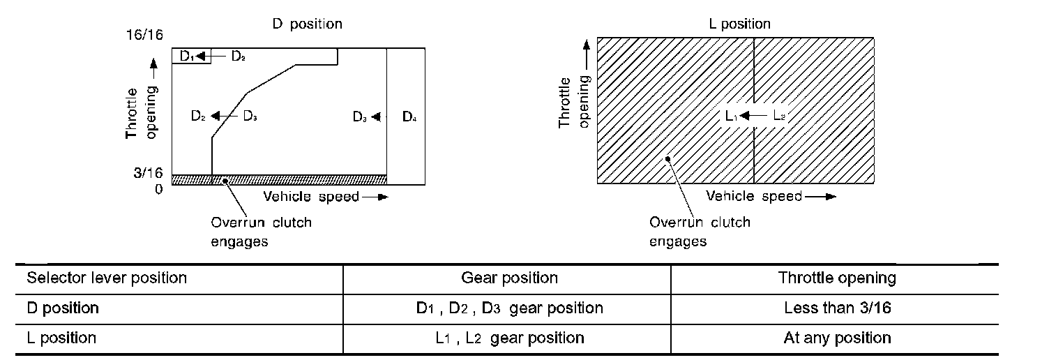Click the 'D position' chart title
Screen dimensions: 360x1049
(307, 24)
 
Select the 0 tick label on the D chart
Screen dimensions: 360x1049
(159, 188)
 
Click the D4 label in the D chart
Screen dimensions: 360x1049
(409, 117)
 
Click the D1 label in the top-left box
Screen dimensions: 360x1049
(186, 56)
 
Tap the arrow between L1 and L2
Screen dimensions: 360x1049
(754, 116)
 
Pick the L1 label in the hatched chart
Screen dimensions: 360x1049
(731, 116)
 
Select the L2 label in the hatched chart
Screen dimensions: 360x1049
(778, 116)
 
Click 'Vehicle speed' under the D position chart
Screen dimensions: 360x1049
(311, 196)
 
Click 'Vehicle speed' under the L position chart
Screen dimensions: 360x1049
(754, 196)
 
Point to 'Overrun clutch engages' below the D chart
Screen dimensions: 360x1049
(261, 232)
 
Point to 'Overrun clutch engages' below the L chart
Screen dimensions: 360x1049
(700, 232)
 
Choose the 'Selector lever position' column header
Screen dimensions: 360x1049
(107, 278)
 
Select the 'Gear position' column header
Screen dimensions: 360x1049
(509, 278)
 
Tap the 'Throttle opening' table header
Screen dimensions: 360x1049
(837, 278)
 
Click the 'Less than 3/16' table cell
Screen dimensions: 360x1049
(837, 308)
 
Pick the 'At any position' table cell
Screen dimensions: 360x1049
(837, 338)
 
